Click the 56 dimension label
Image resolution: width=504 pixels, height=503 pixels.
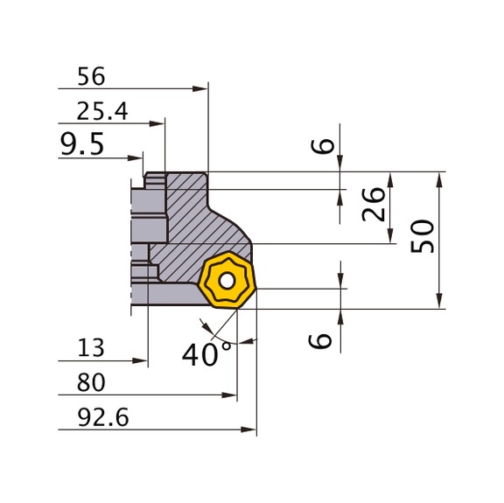point(90,77)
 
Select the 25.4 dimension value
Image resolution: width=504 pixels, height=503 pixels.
point(101,111)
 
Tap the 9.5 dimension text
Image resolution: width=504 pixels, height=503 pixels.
point(81,145)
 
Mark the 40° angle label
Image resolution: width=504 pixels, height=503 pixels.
point(207,354)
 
